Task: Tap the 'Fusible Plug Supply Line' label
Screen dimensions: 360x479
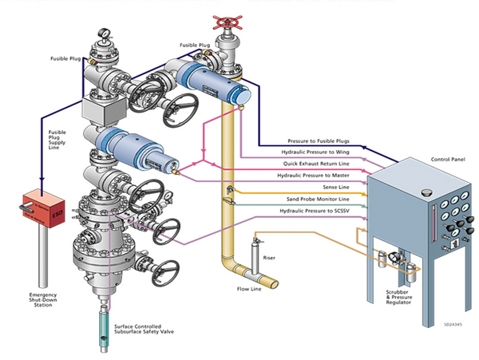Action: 57,140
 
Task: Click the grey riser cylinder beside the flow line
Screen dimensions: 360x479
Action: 255,258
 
